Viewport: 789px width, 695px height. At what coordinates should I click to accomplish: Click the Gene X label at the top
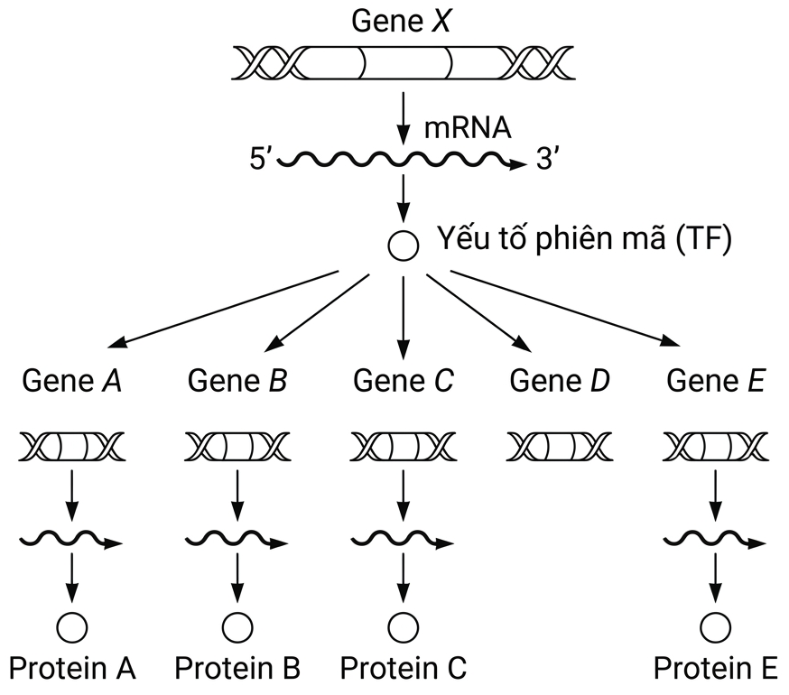coord(401,21)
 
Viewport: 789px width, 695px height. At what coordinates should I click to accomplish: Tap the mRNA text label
coord(468,128)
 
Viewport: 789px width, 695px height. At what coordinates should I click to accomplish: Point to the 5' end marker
coord(261,160)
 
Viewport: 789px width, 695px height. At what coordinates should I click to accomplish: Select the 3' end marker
coord(547,160)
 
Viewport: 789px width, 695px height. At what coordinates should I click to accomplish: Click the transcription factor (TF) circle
coord(403,246)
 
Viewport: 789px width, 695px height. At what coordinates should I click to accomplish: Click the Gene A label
coord(72,381)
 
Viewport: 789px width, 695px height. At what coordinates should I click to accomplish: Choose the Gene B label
coord(237,381)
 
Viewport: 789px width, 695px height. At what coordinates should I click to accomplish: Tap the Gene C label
coord(404,381)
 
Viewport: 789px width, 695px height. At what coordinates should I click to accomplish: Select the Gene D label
coord(560,381)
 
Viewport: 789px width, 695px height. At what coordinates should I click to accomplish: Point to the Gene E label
coord(716,381)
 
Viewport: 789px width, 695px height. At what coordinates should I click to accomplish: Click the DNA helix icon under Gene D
coord(560,447)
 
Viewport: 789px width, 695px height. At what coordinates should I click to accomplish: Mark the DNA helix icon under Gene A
coord(72,447)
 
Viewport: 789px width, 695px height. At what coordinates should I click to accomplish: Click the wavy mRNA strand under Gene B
coord(237,539)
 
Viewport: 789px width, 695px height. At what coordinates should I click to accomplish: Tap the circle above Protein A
coord(72,627)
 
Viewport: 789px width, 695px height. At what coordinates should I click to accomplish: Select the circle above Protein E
coord(715,627)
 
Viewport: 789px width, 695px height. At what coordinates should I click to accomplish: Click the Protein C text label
coord(404,668)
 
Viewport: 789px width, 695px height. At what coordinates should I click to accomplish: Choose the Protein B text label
coord(237,668)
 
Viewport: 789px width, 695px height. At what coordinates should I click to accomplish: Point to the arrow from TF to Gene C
coord(403,318)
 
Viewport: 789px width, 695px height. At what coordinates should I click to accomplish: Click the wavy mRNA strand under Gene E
coord(715,539)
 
